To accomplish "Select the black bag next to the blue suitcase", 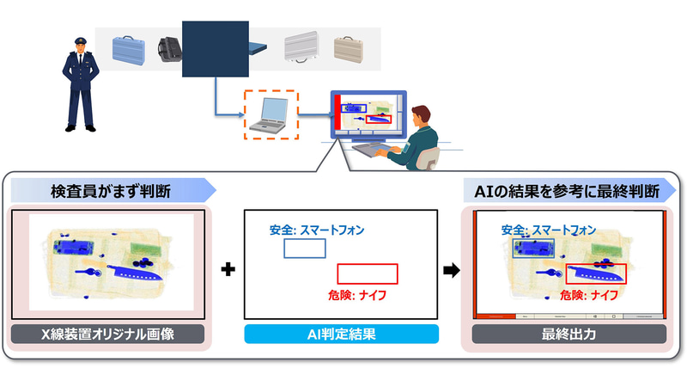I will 170,51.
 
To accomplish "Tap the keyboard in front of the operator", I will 370,150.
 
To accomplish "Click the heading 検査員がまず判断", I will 104,191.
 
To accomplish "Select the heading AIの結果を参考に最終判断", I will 568,191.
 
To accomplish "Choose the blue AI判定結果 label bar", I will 341,334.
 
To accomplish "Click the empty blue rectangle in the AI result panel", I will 305,249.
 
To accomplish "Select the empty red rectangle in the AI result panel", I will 368,273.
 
